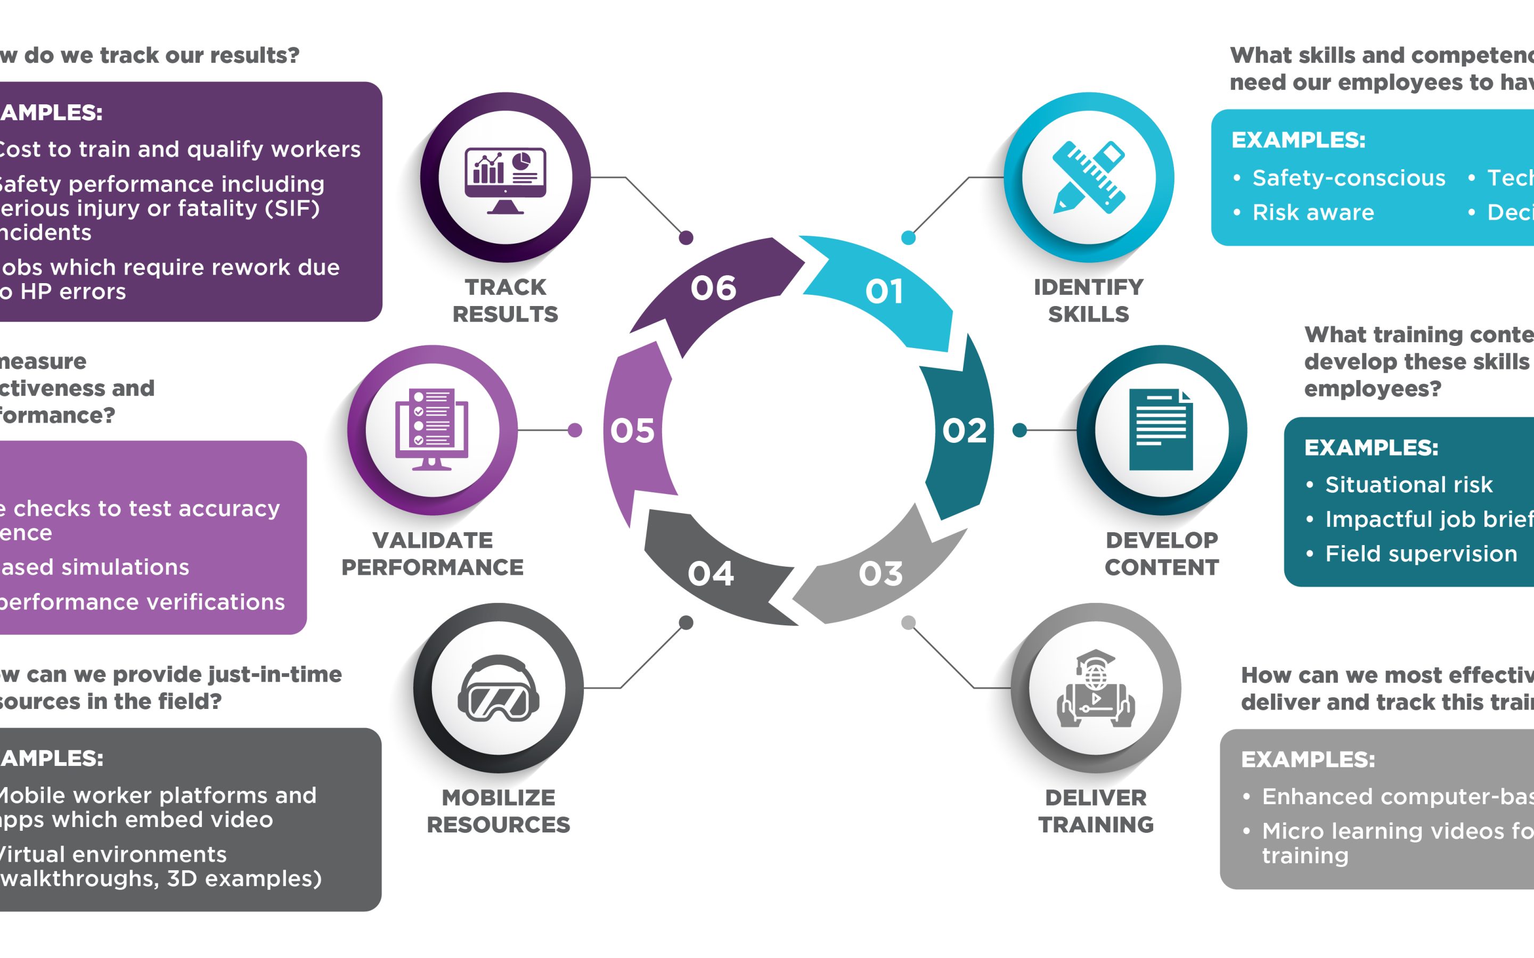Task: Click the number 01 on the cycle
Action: (x=884, y=292)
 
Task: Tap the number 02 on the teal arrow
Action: (x=964, y=431)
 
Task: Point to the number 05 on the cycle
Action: (x=632, y=431)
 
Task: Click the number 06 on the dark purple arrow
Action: (x=713, y=288)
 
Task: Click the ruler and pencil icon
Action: (x=1088, y=177)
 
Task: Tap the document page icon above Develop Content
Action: (x=1161, y=430)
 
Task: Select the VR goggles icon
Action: (x=498, y=689)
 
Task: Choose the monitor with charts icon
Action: (x=505, y=179)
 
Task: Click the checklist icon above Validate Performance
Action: (x=431, y=430)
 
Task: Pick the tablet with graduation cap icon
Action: (x=1095, y=689)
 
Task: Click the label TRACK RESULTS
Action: (x=505, y=301)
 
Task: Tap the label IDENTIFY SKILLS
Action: (x=1088, y=301)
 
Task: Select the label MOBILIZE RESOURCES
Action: (x=498, y=811)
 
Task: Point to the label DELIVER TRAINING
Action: (x=1095, y=811)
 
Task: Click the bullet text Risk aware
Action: (x=1313, y=213)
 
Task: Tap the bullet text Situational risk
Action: (x=1408, y=485)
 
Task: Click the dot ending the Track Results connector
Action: (x=686, y=238)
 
